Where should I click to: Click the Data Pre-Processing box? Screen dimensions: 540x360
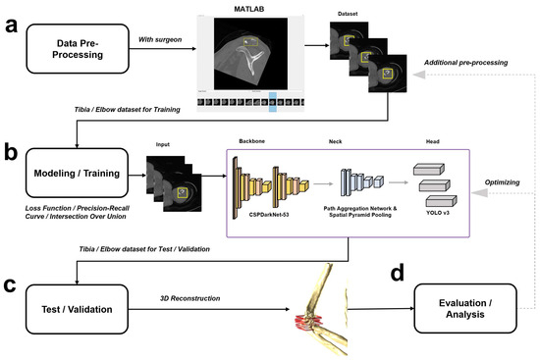point(78,48)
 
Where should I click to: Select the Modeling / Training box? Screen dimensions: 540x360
point(77,173)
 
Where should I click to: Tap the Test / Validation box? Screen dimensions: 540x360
point(77,309)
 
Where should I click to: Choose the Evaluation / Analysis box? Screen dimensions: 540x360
point(465,308)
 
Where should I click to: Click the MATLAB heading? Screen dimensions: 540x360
point(249,9)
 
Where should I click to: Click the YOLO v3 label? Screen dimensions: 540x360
point(438,213)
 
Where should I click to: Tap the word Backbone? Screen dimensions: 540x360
point(251,141)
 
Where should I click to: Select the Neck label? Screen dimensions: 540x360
point(335,141)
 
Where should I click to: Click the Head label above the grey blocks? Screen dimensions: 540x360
point(433,141)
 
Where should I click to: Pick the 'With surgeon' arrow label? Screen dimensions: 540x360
point(160,39)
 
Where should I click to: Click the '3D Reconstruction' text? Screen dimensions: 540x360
point(190,298)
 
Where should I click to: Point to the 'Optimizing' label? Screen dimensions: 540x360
point(502,182)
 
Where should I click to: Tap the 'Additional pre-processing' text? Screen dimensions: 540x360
point(466,63)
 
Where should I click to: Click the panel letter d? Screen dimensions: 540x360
point(397,274)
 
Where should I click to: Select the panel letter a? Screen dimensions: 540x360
point(12,26)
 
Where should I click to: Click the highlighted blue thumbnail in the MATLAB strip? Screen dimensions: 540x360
point(273,102)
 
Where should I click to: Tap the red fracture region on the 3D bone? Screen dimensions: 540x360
point(307,323)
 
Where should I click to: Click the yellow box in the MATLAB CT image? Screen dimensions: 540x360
point(250,42)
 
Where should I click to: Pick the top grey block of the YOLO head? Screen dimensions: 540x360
point(429,169)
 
